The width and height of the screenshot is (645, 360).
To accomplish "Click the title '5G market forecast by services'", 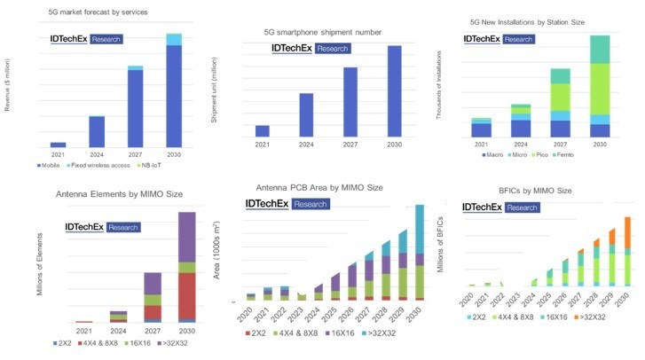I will pyautogui.click(x=98, y=12).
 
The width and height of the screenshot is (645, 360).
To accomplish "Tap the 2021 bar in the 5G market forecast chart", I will pyautogui.click(x=58, y=144).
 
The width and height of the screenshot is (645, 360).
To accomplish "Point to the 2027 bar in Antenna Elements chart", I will pyautogui.click(x=152, y=297).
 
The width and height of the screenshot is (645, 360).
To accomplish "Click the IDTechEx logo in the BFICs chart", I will pyautogui.click(x=499, y=207).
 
